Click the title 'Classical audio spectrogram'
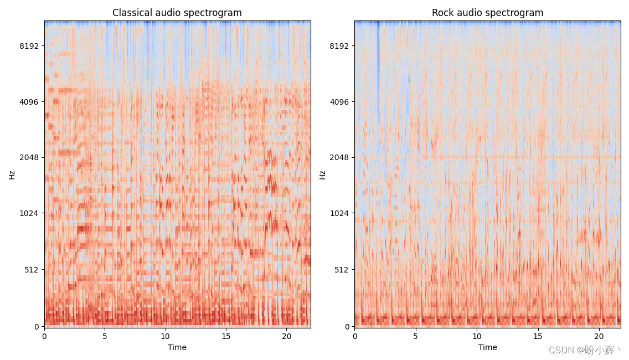(x=177, y=13)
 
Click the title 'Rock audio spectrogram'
(x=487, y=13)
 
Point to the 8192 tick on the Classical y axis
(x=29, y=46)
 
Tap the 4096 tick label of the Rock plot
(x=339, y=102)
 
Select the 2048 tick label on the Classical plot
(x=29, y=157)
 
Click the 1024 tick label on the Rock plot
(x=339, y=213)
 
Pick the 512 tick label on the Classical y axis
(x=32, y=270)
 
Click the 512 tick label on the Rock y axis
(x=342, y=270)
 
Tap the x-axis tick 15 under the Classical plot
(x=226, y=336)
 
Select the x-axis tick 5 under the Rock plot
(x=416, y=336)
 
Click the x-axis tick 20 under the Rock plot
(x=599, y=336)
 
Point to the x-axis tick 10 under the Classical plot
(x=165, y=336)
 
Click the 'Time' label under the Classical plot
(x=177, y=348)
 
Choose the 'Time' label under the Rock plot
(x=487, y=348)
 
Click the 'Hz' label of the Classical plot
(x=12, y=175)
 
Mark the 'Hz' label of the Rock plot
(x=322, y=175)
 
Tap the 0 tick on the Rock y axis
(x=347, y=327)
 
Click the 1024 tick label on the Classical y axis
(x=29, y=213)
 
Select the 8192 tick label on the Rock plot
(x=339, y=46)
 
